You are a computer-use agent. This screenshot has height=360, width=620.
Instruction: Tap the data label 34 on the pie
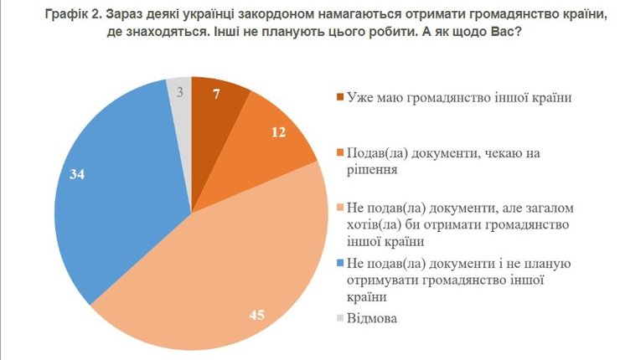(78, 176)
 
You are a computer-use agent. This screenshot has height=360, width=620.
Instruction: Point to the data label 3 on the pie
(179, 90)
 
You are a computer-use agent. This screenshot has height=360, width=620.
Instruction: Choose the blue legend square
(339, 265)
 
